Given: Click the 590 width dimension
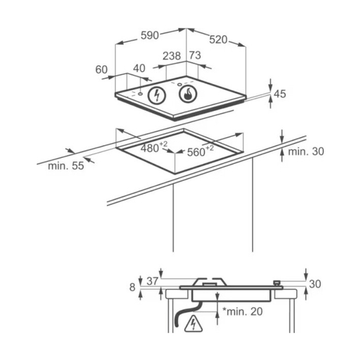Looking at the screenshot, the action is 149,35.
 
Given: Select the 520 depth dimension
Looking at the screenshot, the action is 218,40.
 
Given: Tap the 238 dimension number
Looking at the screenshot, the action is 172,56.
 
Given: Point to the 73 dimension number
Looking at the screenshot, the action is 195,55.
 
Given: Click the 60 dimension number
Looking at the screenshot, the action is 101,70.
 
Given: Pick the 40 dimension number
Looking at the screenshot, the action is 139,68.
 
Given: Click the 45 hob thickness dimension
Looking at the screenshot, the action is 280,94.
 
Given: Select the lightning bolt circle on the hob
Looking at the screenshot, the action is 157,95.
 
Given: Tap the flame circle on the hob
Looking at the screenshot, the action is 188,94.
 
